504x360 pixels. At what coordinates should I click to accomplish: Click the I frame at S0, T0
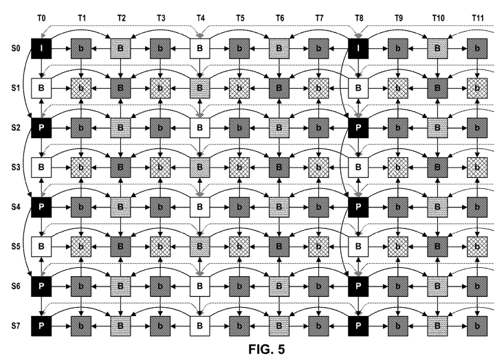[41, 49]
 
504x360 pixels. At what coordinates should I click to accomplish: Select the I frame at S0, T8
[358, 49]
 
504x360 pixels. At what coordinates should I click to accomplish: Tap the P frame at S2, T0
[41, 128]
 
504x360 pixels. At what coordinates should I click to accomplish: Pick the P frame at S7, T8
[358, 326]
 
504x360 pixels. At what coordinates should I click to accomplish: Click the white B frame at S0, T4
[199, 49]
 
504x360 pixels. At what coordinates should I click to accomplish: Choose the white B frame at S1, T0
[41, 88]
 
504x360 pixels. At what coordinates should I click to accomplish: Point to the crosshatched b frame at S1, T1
[81, 88]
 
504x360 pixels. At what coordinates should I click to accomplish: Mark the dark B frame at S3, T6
[279, 168]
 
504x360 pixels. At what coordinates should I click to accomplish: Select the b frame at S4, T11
[477, 207]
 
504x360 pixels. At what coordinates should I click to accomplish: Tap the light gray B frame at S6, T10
[437, 286]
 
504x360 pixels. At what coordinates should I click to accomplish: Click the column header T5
[240, 18]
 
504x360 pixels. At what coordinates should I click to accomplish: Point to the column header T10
[438, 18]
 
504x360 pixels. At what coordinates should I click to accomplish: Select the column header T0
[41, 18]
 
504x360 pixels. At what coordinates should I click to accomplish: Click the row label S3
[16, 168]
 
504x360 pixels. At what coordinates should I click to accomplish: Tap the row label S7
[16, 326]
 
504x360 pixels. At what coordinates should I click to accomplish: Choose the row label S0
[16, 49]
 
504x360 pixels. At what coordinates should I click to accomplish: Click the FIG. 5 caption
[267, 349]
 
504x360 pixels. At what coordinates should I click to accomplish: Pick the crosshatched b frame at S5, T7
[318, 247]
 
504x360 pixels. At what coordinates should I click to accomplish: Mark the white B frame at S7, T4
[199, 326]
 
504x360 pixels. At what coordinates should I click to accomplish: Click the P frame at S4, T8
[358, 207]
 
